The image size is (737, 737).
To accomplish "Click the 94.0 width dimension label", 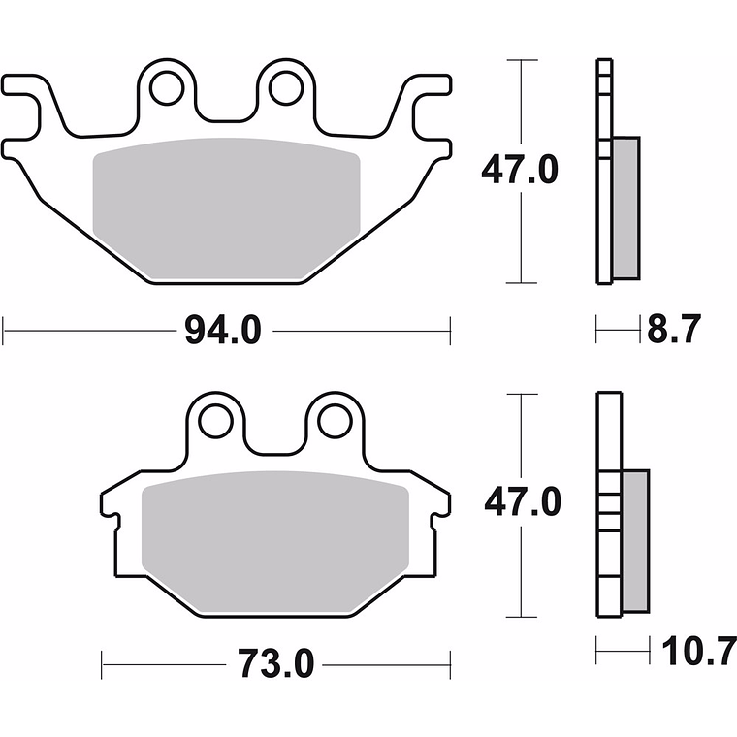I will click(223, 332).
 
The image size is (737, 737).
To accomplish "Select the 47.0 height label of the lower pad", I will click(523, 502).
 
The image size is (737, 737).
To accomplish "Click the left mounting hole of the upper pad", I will click(167, 87).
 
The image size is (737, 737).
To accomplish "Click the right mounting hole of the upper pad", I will click(286, 87).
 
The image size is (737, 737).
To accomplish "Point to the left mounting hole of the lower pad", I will click(215, 421).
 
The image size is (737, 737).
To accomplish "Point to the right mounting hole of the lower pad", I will click(335, 421).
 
